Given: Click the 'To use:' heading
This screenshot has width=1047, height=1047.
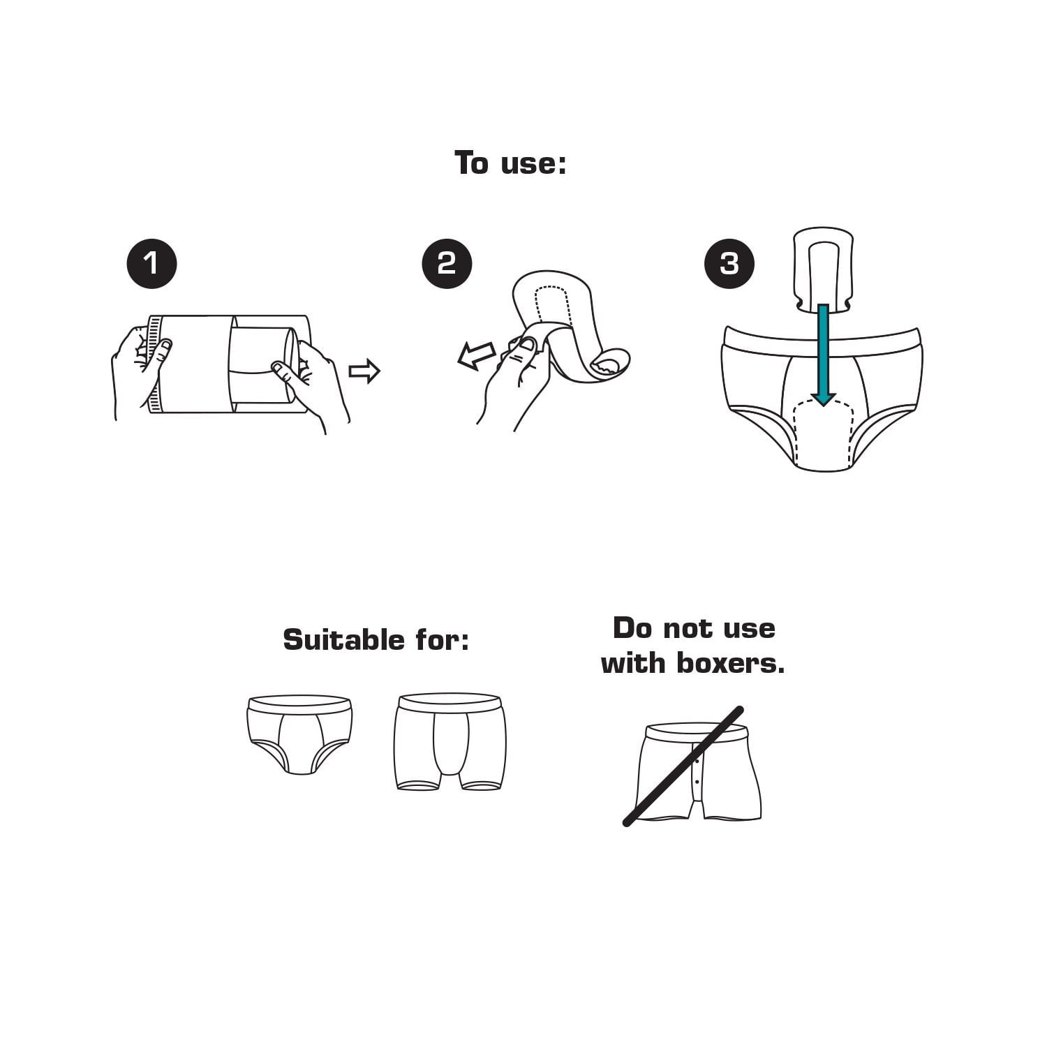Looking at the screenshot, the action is tap(510, 163).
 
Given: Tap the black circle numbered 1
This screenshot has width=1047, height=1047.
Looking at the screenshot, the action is tap(151, 264).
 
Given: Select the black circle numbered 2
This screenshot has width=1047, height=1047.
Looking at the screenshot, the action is tap(447, 264).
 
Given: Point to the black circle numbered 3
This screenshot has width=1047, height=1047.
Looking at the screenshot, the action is tap(729, 264).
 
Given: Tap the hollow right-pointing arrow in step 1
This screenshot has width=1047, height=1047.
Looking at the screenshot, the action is tap(364, 371).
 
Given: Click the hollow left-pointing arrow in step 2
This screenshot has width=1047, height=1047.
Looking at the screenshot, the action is tap(476, 355).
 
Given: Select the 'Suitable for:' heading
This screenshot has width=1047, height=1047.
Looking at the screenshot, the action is tap(376, 639).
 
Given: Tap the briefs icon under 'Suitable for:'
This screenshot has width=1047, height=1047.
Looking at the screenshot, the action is tap(299, 734).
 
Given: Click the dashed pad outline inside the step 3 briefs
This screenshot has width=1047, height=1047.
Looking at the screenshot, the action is tap(824, 433).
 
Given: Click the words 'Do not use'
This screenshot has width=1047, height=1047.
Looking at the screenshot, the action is tap(694, 628).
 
